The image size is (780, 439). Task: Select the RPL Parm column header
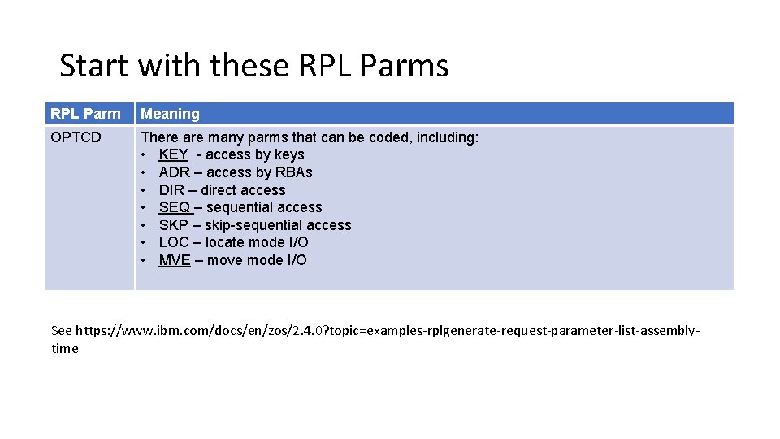(85, 114)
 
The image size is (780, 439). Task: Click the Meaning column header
(170, 114)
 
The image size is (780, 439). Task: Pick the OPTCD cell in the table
(76, 137)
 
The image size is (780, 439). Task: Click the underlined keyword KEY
(173, 154)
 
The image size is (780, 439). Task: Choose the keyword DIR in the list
(172, 190)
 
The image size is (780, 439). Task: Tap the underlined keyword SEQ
(174, 207)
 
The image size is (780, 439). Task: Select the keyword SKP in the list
(174, 225)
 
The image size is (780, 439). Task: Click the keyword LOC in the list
(174, 242)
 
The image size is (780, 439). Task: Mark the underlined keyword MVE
(175, 260)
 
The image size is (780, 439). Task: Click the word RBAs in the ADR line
(294, 172)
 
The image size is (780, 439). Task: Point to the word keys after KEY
(289, 154)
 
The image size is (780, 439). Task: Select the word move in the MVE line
(224, 260)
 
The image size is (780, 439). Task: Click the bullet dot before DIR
(144, 190)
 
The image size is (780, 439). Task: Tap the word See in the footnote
(61, 331)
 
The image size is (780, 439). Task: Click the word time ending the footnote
(65, 349)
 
